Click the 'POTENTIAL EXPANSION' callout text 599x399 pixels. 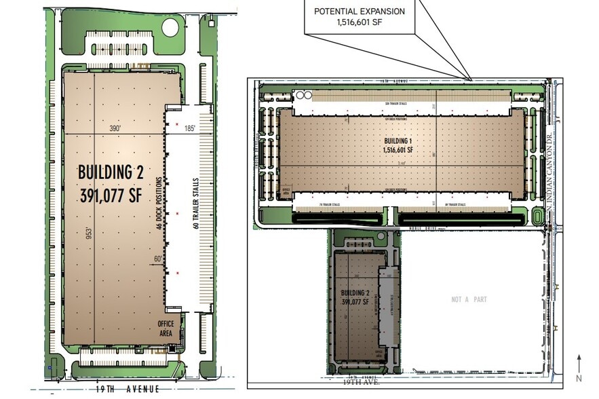[369, 12]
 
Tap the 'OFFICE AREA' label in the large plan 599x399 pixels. [166, 328]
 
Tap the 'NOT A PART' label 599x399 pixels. [469, 299]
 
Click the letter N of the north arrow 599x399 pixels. [579, 378]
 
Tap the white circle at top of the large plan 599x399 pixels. [170, 28]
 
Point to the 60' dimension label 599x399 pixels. [157, 259]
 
